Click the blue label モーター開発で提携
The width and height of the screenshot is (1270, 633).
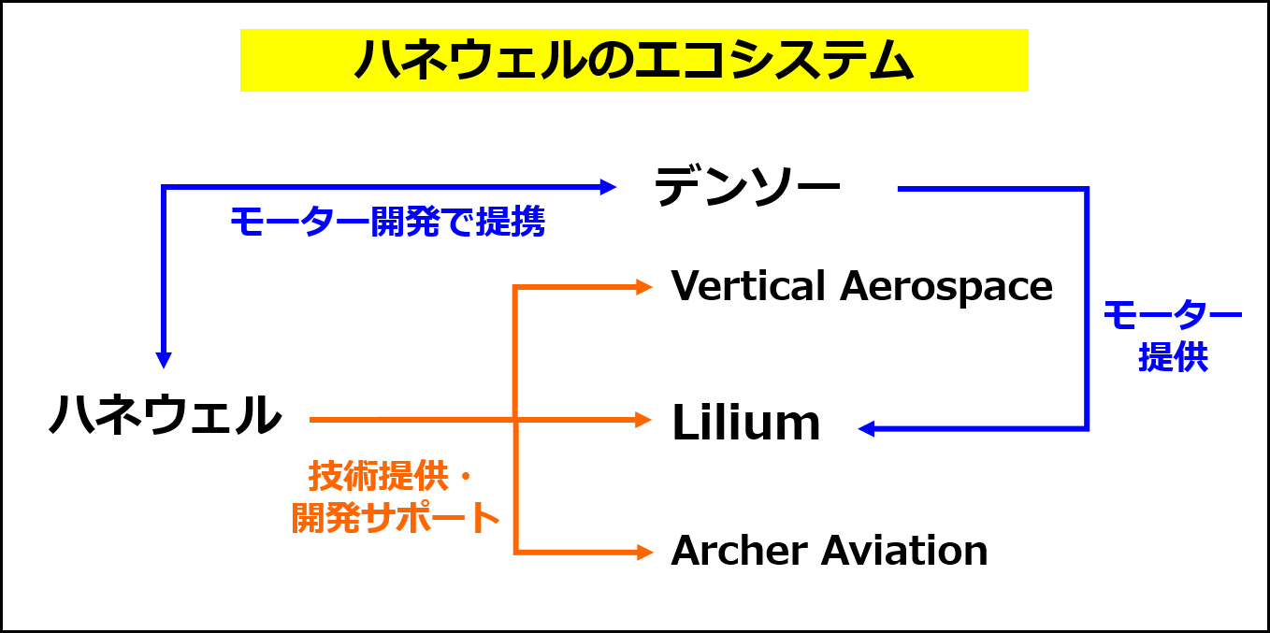(x=387, y=223)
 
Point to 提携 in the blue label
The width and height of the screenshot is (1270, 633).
(x=511, y=223)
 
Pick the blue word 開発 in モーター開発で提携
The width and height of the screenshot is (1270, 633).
(x=405, y=223)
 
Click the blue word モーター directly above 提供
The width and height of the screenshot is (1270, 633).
(x=1173, y=315)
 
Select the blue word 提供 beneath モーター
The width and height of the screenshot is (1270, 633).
(x=1173, y=357)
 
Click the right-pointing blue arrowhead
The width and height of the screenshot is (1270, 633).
(x=609, y=187)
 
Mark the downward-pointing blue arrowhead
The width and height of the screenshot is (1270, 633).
(x=164, y=361)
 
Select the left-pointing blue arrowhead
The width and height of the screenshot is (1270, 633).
(x=866, y=428)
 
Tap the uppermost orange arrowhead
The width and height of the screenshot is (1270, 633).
(x=644, y=287)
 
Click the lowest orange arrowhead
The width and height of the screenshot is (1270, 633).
(x=644, y=553)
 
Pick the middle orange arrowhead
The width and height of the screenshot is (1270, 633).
(x=644, y=420)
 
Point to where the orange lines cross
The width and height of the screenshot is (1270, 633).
(x=515, y=420)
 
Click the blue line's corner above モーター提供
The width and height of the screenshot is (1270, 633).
(x=1087, y=190)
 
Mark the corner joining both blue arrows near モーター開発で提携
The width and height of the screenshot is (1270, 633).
(x=164, y=188)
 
